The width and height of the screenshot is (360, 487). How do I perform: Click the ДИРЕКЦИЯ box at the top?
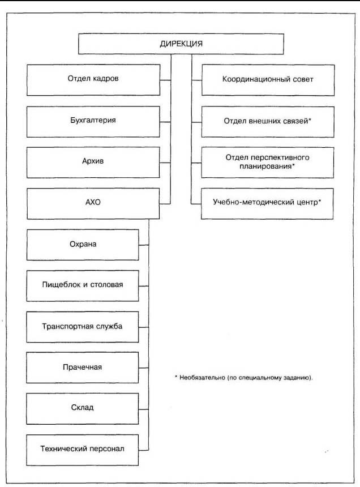[x=181, y=44]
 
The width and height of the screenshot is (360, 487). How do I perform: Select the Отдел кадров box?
[x=93, y=80]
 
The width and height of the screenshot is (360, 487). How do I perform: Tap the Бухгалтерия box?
[x=93, y=121]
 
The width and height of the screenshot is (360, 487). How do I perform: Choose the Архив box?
[x=93, y=163]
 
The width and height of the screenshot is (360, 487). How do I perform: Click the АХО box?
[x=93, y=203]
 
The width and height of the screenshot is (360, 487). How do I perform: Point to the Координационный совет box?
[x=268, y=80]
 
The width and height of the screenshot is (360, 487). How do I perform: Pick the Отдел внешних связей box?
[x=268, y=122]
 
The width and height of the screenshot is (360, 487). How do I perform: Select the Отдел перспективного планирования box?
[x=268, y=163]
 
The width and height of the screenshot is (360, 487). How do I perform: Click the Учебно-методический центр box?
[x=267, y=203]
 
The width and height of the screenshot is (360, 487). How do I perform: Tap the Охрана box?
[x=83, y=245]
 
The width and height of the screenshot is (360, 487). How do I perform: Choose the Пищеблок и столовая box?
[x=83, y=286]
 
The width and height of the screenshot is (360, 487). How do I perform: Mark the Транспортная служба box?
[x=83, y=327]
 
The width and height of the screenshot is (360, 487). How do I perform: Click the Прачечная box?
[x=83, y=368]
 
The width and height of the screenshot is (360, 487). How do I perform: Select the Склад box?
[x=83, y=409]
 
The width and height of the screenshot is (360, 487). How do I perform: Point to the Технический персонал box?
[x=83, y=450]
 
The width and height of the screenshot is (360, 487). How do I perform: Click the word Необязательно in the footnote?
[x=202, y=378]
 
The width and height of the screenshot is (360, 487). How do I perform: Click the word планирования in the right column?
[x=265, y=166]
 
